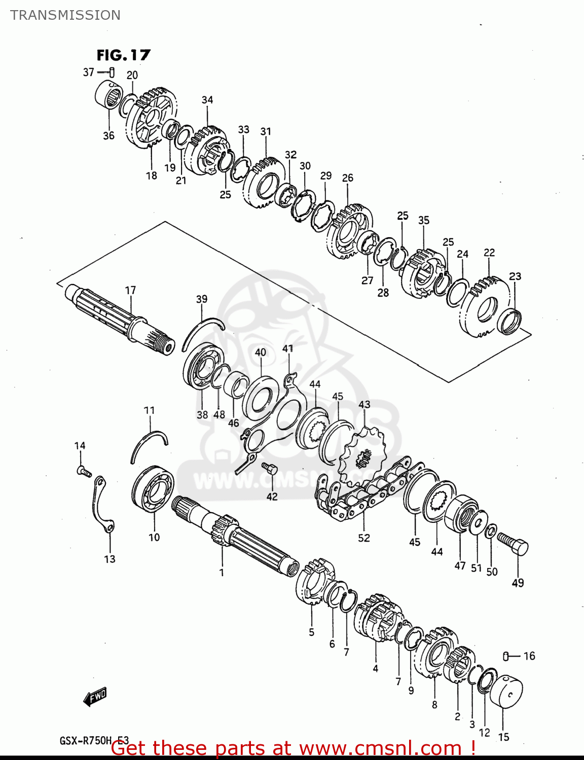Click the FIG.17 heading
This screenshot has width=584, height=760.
(x=124, y=55)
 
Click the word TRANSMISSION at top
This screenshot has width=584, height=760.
(x=65, y=15)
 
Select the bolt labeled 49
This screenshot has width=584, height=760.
(x=513, y=544)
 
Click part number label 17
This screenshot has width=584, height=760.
(x=130, y=290)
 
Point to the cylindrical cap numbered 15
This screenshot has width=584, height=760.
(x=506, y=692)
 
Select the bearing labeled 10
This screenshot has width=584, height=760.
(x=153, y=490)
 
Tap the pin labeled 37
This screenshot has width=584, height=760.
(x=112, y=72)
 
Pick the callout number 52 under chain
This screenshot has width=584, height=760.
(x=364, y=538)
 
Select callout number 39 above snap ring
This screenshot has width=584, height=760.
(x=202, y=299)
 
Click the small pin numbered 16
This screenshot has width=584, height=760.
(x=505, y=656)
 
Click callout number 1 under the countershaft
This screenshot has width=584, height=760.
(x=222, y=573)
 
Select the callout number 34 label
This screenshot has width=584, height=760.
(x=207, y=100)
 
